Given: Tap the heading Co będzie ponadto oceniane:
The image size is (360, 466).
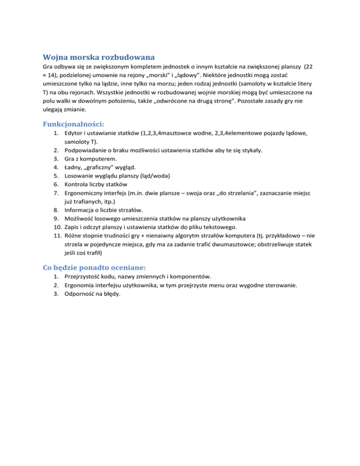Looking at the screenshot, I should coord(94,267).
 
